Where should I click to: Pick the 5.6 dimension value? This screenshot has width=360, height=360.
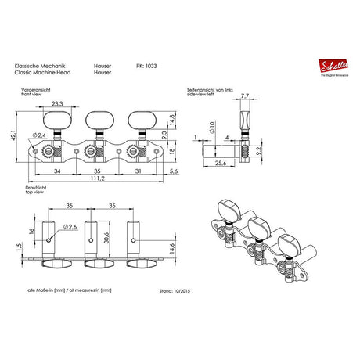[x=173, y=169]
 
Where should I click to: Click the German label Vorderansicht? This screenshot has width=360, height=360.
[x=32, y=91]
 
